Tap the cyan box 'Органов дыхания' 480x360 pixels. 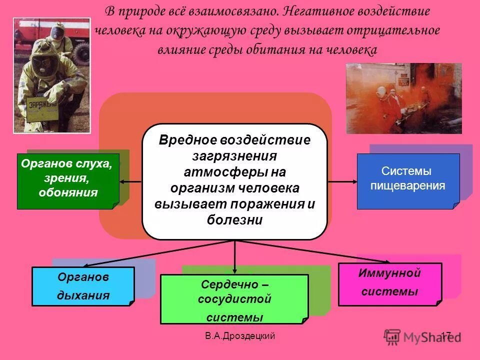point(83,286)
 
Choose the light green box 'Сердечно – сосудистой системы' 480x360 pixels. point(234,299)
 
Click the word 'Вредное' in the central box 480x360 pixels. point(185,140)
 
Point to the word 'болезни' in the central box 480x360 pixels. point(234,220)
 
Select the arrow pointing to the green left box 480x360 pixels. point(131,181)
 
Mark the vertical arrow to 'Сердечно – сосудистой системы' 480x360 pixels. point(234,257)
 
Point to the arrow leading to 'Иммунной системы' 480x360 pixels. point(300,252)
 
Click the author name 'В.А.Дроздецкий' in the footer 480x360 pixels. point(240,336)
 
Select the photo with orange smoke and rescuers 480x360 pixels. point(403,98)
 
